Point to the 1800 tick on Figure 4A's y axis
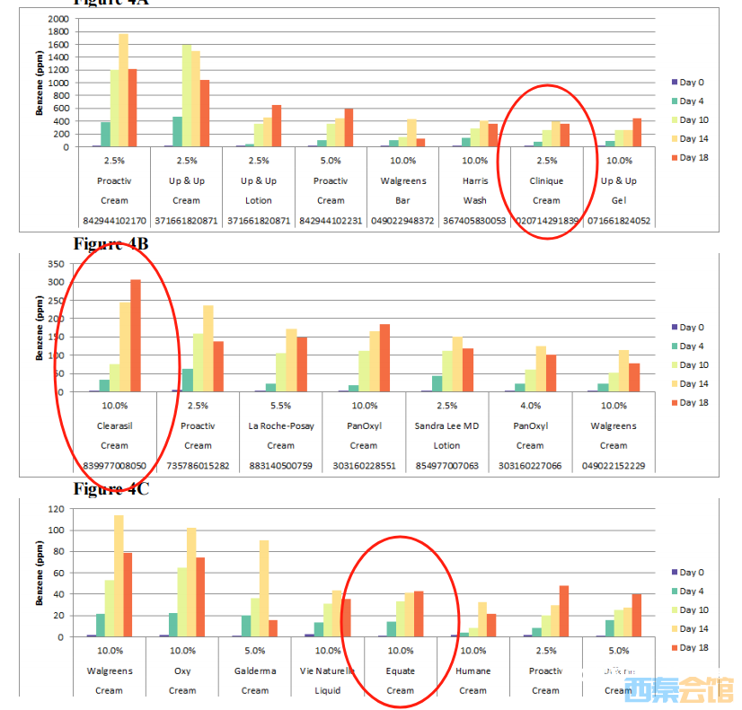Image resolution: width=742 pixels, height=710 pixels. (x=58, y=32)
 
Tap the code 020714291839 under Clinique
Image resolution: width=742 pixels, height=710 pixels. (x=546, y=220)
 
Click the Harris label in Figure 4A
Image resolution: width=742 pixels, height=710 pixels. (x=474, y=180)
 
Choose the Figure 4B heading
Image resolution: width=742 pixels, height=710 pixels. (x=111, y=244)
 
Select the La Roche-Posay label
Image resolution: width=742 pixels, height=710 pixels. (x=280, y=425)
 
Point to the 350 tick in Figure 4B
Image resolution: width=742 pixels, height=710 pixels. (x=61, y=264)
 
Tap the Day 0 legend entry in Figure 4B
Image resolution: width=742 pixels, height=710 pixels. (x=691, y=328)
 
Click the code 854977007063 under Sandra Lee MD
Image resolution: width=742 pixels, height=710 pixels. (x=446, y=465)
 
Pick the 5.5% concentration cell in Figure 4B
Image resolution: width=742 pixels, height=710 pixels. (x=280, y=406)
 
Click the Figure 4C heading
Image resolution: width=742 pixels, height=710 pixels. (x=111, y=489)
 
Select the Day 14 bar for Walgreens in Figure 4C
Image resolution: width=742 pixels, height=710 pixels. (x=118, y=575)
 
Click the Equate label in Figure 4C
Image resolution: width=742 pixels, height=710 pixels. (x=400, y=671)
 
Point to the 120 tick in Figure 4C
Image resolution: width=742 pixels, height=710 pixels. (x=61, y=509)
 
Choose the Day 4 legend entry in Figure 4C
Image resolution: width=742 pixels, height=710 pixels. (x=691, y=592)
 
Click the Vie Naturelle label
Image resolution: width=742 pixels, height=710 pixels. (x=327, y=671)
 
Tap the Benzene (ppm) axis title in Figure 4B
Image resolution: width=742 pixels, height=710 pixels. (x=40, y=329)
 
